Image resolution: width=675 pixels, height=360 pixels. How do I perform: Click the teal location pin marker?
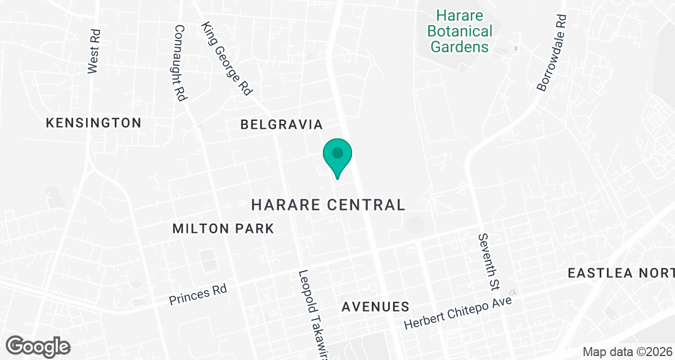[x=337, y=157]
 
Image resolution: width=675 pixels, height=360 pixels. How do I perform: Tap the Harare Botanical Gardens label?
[x=460, y=31]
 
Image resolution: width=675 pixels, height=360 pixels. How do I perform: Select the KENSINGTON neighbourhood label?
[x=93, y=123]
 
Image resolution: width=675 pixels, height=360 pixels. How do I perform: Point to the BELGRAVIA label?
[x=281, y=124]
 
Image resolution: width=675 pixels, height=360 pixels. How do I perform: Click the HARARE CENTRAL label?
[x=328, y=205]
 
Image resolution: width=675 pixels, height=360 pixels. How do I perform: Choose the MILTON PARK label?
[x=223, y=228]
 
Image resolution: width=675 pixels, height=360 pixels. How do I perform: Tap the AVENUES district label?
[x=375, y=307]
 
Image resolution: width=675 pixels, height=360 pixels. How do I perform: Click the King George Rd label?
[x=227, y=58]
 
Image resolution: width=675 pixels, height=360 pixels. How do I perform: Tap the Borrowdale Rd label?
[x=551, y=53]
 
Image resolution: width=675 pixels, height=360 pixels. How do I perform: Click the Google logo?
[x=38, y=346]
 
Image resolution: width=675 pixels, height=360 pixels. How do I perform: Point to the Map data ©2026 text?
[x=627, y=352]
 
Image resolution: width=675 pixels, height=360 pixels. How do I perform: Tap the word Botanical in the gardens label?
[x=460, y=31]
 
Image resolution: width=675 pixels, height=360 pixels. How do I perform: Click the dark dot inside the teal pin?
[x=337, y=152]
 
